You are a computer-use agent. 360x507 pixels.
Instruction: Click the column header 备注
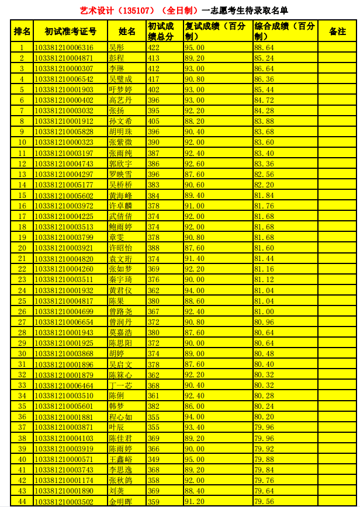pos(337,31)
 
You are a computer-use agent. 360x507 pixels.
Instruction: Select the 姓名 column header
pos(127,31)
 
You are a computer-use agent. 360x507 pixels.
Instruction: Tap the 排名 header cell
pos(22,31)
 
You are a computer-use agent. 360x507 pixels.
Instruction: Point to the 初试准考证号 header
pos(70,31)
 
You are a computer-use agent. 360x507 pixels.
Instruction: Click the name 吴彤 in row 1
pos(116,47)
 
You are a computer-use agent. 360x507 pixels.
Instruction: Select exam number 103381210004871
pos(64,58)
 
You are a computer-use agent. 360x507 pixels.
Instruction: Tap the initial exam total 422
pos(154,47)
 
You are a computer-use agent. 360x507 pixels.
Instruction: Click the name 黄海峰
pos(120,195)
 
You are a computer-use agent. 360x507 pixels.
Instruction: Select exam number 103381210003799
pos(64,237)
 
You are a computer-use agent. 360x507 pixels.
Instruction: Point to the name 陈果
pos(116,301)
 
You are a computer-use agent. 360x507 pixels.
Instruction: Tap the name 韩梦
pos(116,406)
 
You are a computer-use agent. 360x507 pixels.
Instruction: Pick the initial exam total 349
pos(154,459)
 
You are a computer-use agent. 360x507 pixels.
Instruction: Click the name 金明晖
pos(120,501)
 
